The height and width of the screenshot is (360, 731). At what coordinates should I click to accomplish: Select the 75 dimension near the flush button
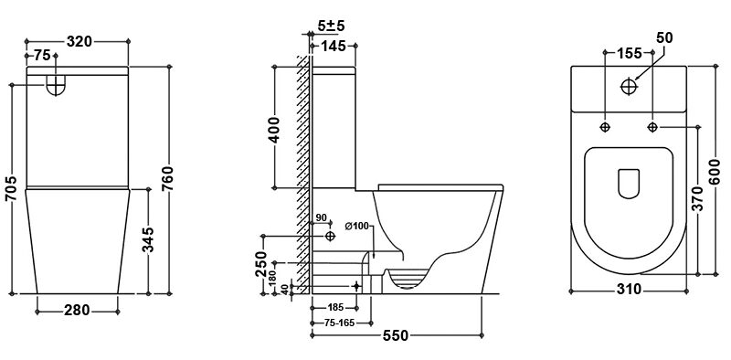[x=43, y=55]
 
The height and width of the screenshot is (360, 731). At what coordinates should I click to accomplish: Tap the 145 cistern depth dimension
[x=333, y=48]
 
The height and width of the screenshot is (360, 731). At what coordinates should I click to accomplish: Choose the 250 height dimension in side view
[x=261, y=263]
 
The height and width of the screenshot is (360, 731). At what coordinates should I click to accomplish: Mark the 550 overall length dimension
[x=395, y=336]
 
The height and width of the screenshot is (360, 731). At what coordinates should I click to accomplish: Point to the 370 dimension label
[x=698, y=199]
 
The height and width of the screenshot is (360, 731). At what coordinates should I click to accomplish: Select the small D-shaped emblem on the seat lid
[x=629, y=184]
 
